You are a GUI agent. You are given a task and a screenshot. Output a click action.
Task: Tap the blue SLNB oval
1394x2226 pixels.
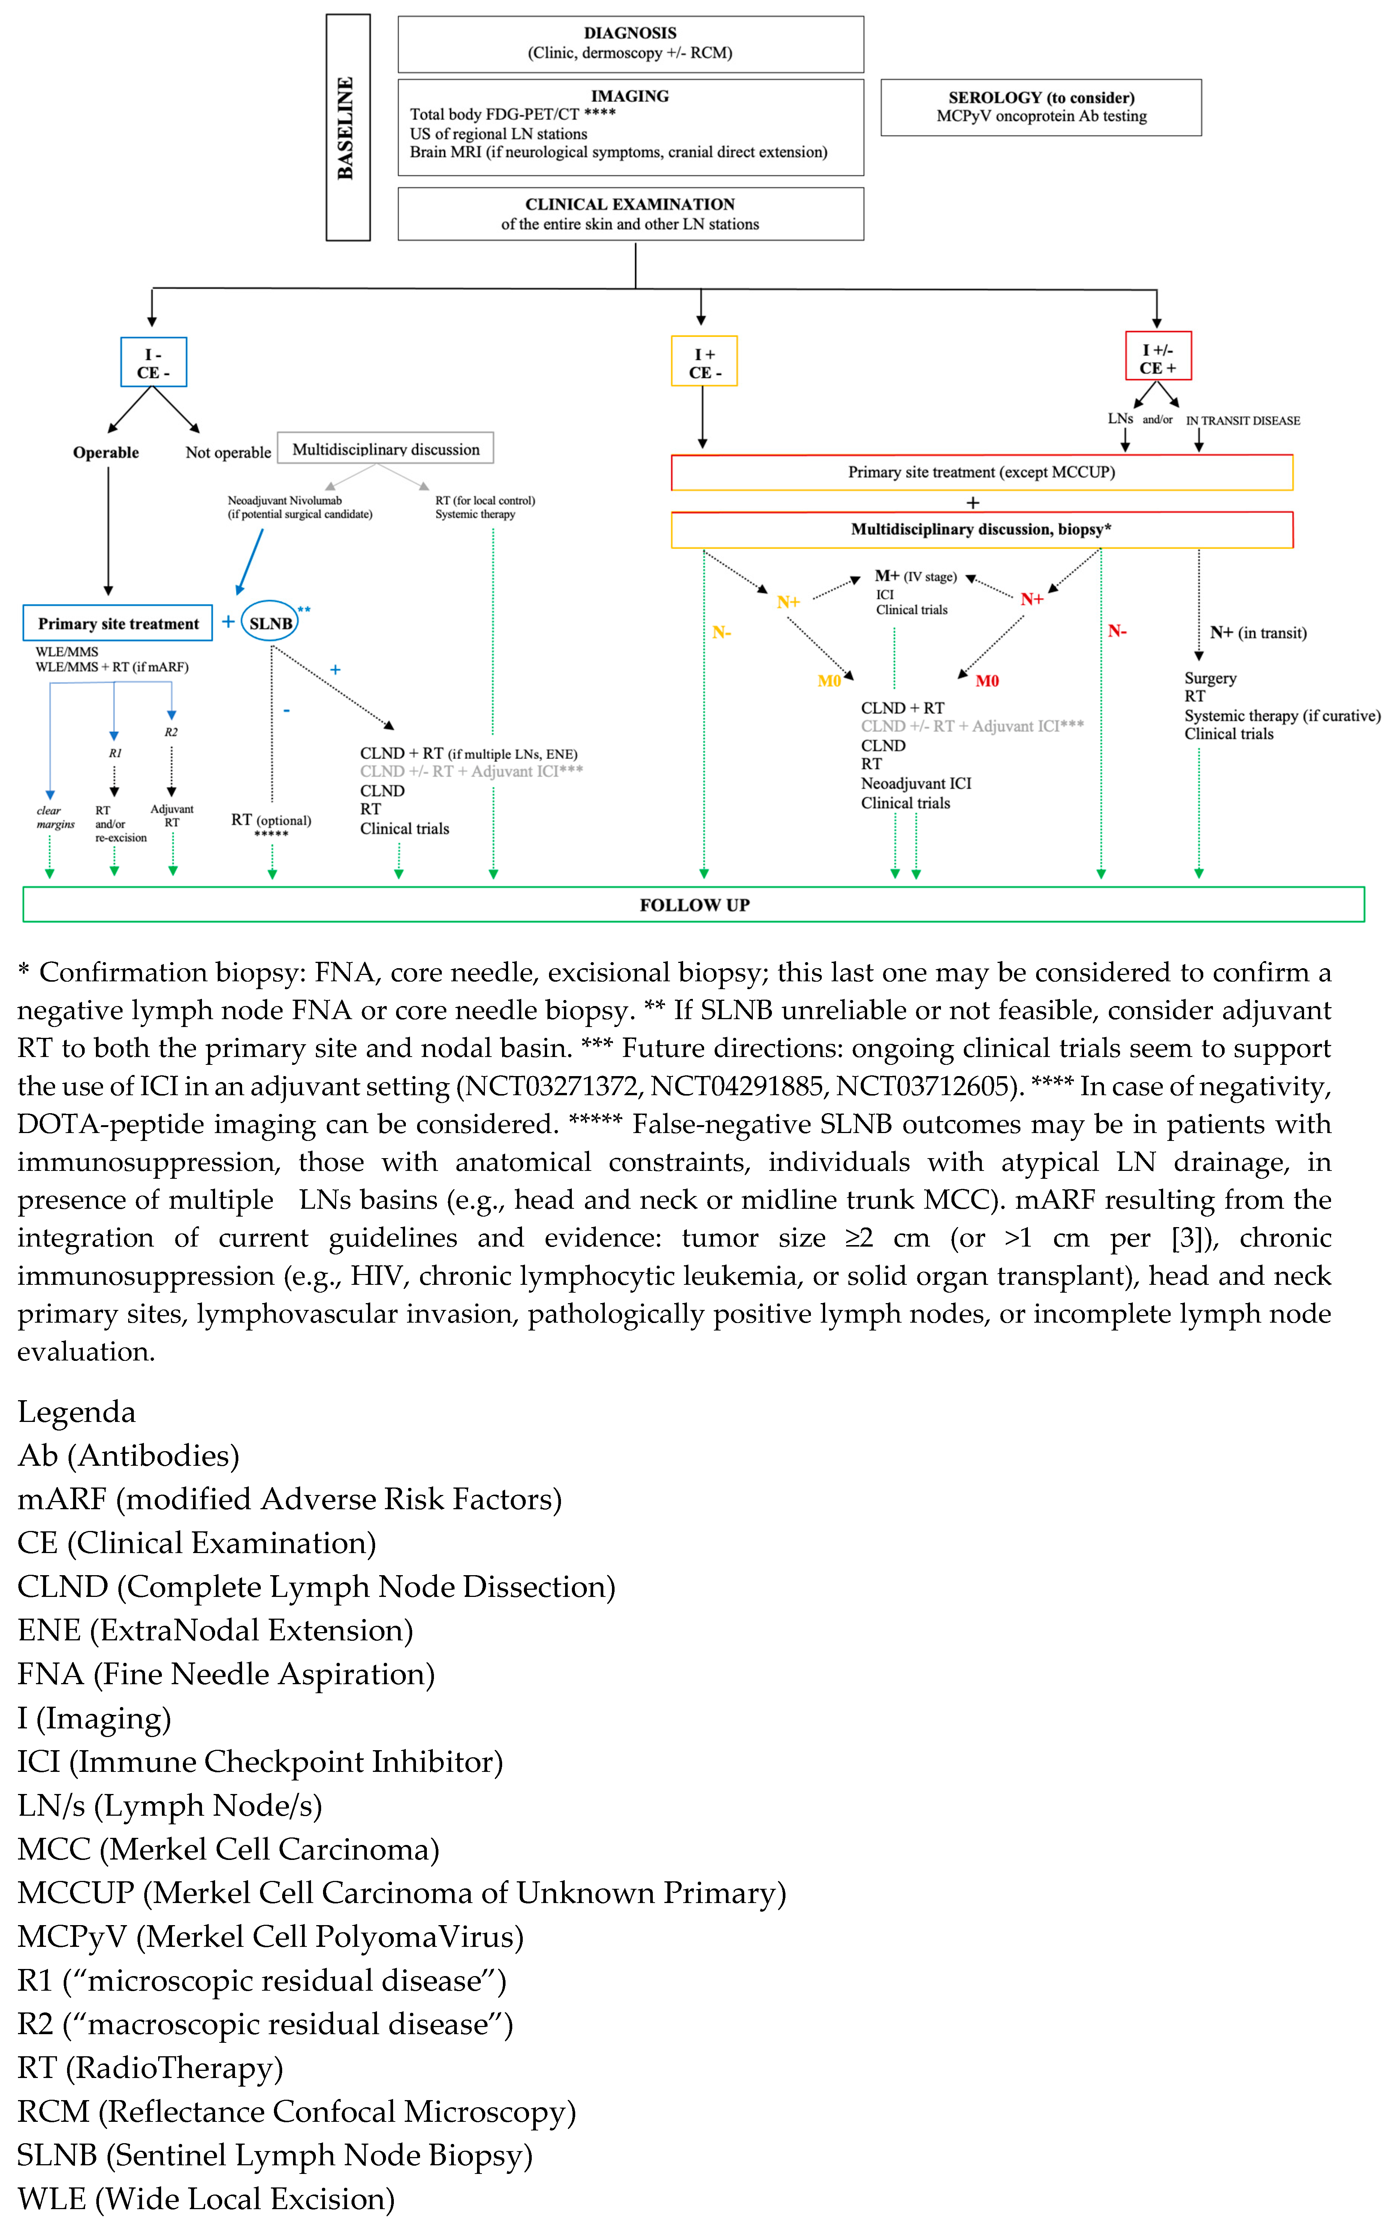pyautogui.click(x=270, y=623)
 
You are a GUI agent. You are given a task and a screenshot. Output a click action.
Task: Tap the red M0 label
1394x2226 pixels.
pyautogui.click(x=987, y=681)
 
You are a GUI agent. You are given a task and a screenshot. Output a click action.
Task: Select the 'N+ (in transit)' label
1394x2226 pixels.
pyautogui.click(x=1258, y=632)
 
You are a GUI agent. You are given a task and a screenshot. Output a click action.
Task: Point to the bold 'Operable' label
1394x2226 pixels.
pyautogui.click(x=106, y=453)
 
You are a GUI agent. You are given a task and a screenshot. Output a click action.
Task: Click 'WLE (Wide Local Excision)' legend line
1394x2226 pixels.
pyautogui.click(x=206, y=2198)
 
